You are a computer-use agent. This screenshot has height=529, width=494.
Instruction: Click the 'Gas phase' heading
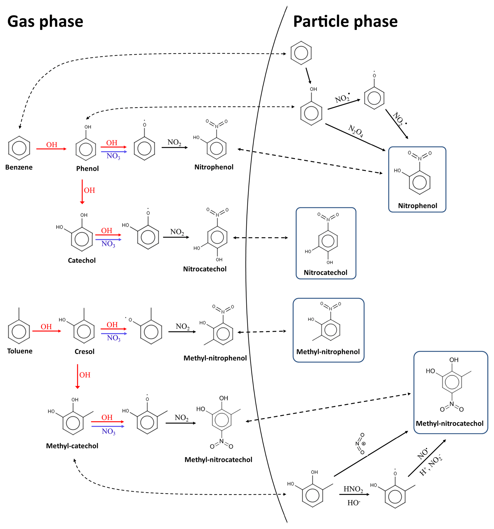[45, 21]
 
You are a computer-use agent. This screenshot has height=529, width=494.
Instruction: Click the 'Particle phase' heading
[345, 21]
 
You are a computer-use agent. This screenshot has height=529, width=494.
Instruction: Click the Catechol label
[82, 260]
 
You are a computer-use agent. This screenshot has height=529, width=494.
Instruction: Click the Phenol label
[87, 169]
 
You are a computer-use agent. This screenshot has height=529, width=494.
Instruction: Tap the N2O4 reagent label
[356, 131]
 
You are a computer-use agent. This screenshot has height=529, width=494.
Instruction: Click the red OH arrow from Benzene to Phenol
[51, 149]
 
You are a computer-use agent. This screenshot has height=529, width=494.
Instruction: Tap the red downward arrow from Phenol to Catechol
[82, 192]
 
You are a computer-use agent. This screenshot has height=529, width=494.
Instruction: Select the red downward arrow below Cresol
[77, 376]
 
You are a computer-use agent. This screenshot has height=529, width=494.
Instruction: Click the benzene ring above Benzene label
[19, 148]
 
